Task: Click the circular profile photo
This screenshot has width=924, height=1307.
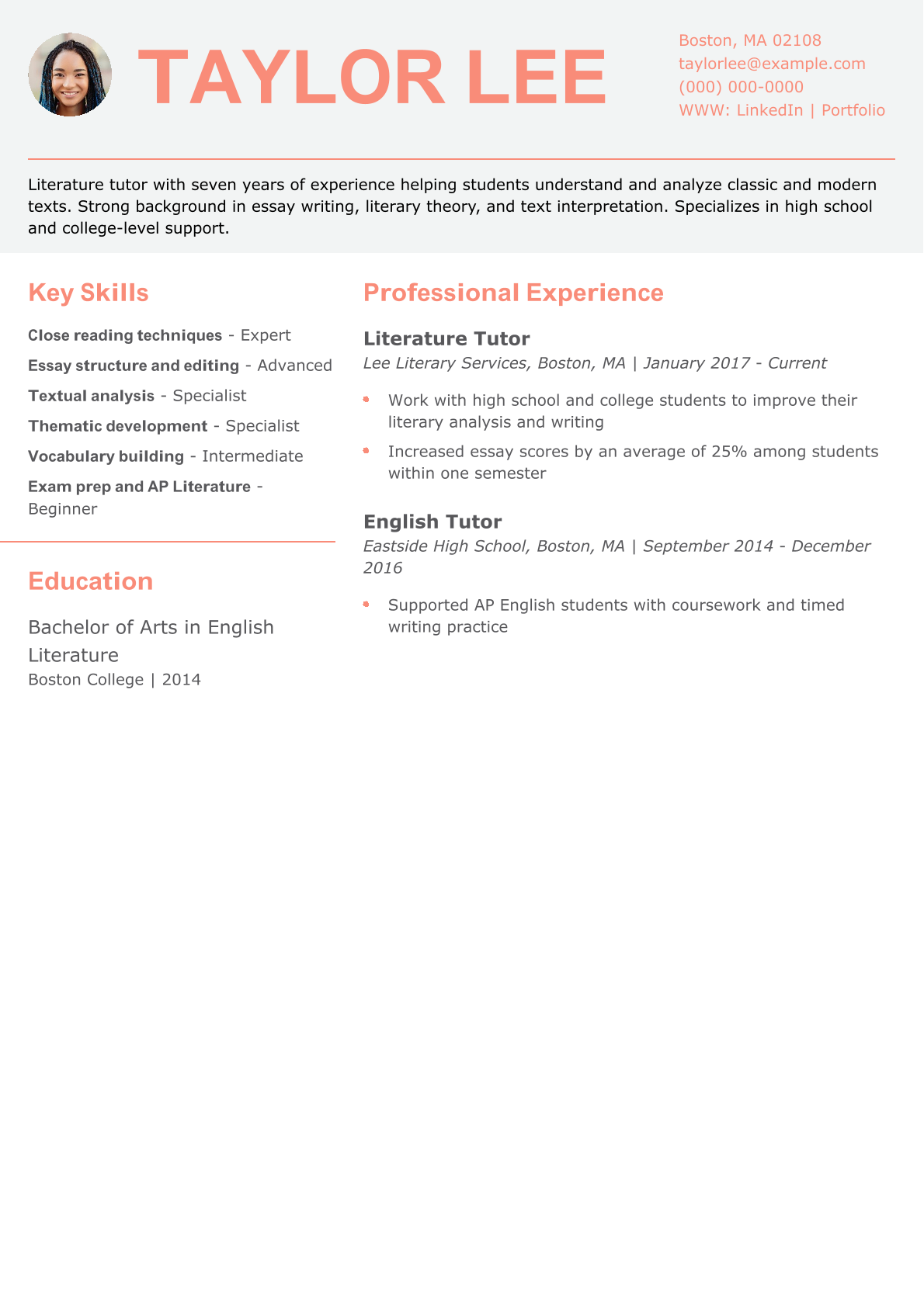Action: (70, 75)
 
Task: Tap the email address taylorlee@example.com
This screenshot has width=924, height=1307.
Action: (772, 64)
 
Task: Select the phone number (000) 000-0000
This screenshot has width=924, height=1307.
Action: (741, 87)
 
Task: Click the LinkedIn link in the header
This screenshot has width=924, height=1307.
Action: (769, 110)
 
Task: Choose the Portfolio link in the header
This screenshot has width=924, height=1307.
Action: (853, 110)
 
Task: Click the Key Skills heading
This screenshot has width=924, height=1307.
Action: (89, 293)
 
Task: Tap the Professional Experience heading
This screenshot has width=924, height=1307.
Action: (513, 293)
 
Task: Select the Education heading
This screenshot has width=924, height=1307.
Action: (90, 581)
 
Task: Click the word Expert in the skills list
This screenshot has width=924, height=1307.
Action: (266, 335)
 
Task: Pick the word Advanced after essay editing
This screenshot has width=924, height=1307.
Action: (294, 366)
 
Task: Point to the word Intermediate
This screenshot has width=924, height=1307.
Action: (252, 456)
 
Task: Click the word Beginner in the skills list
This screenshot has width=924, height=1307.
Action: (63, 509)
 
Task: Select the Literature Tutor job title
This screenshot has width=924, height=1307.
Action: (446, 338)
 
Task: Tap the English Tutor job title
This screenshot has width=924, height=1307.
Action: (432, 522)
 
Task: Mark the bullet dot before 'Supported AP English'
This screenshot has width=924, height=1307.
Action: (366, 604)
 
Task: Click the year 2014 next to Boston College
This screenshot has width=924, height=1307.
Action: (182, 680)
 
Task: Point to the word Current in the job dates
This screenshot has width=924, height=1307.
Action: (797, 363)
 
